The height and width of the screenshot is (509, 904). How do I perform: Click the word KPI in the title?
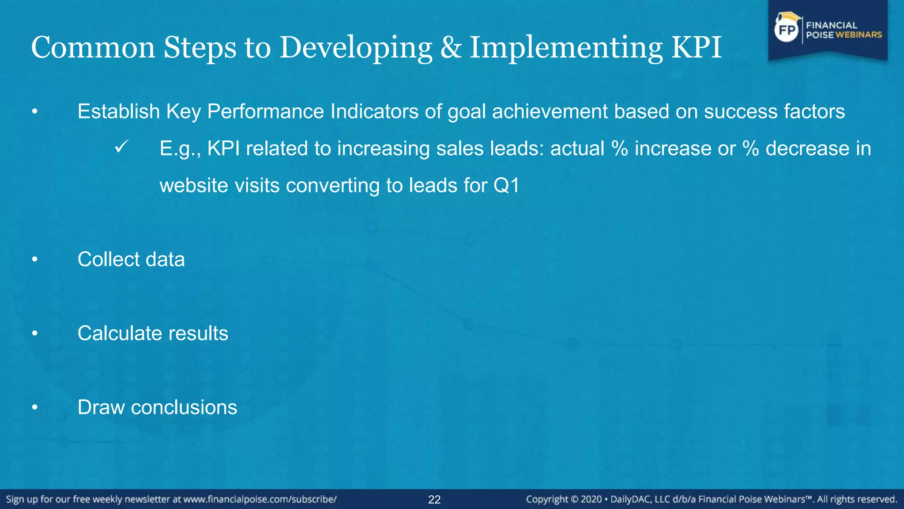click(696, 47)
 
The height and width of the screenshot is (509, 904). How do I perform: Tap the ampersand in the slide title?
click(451, 47)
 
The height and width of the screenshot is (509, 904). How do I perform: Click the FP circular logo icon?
click(787, 30)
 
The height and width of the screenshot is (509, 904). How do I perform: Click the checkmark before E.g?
click(121, 147)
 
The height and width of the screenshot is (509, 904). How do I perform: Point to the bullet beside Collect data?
click(35, 260)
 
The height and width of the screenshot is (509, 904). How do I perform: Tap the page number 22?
click(434, 500)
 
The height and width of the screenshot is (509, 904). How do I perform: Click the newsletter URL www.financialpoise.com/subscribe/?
click(260, 499)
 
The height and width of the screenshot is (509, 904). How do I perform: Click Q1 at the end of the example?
click(506, 185)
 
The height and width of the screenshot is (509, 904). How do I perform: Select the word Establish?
click(118, 111)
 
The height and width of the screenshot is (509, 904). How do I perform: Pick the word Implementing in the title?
click(565, 47)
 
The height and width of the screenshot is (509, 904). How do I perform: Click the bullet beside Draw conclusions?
click(35, 408)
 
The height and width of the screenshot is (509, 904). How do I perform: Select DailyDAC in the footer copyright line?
click(630, 500)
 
